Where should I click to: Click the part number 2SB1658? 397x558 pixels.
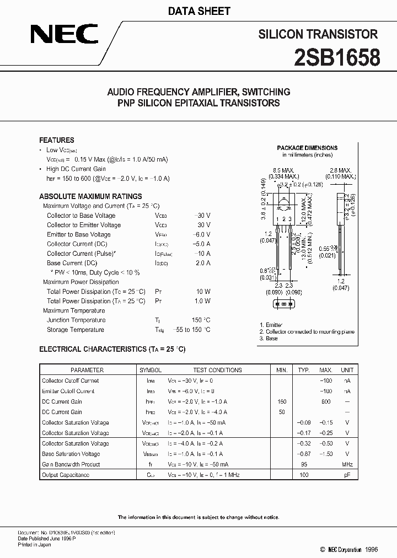pyautogui.click(x=337, y=57)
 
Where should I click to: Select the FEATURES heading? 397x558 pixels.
pyautogui.click(x=56, y=140)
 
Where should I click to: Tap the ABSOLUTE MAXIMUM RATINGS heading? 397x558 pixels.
pyautogui.click(x=90, y=196)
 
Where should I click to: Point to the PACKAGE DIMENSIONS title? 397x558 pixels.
pyautogui.click(x=307, y=148)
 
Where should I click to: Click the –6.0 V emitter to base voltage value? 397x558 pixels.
pyautogui.click(x=202, y=234)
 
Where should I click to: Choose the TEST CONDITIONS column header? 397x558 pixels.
pyautogui.click(x=217, y=370)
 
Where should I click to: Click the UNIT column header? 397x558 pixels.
pyautogui.click(x=347, y=370)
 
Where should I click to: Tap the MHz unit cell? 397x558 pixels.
pyautogui.click(x=347, y=464)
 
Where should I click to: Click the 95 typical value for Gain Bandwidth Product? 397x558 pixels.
pyautogui.click(x=303, y=464)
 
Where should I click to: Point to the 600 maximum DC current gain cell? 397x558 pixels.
pyautogui.click(x=325, y=401)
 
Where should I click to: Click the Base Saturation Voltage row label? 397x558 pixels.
pyautogui.click(x=71, y=454)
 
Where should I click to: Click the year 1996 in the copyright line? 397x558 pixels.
pyautogui.click(x=373, y=549)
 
